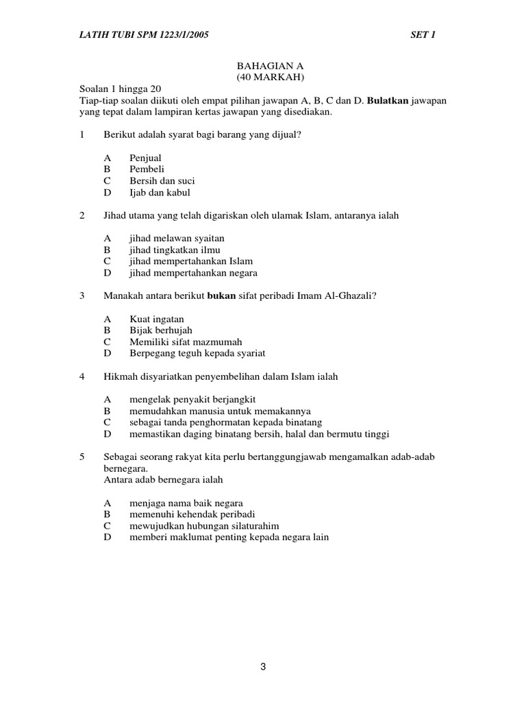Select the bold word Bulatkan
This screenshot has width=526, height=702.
click(388, 101)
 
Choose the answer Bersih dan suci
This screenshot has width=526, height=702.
click(162, 181)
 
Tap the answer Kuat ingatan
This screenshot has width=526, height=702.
click(157, 319)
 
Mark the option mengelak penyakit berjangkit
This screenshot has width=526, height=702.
click(192, 399)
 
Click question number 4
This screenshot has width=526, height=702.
click(82, 376)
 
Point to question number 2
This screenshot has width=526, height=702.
click(82, 215)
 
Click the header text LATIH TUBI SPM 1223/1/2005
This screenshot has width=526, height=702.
click(141, 34)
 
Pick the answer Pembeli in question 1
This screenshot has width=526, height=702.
click(147, 169)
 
